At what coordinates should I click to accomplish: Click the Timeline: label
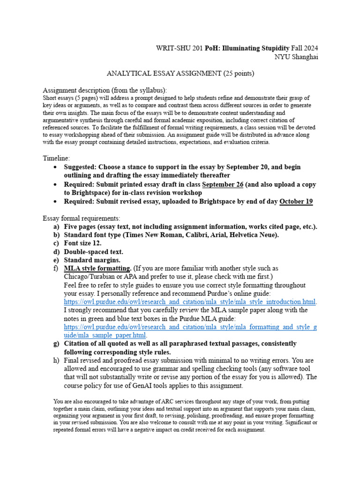56,158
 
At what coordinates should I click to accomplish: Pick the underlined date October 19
296,202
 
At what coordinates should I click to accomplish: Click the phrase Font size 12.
82,243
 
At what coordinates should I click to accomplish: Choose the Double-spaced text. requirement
93,252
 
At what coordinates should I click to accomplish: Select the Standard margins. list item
92,260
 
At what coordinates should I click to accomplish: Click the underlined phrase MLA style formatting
97,269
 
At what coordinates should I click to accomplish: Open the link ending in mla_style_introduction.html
190,301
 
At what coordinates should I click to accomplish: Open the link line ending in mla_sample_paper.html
105,335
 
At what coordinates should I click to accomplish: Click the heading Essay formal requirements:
82,218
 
